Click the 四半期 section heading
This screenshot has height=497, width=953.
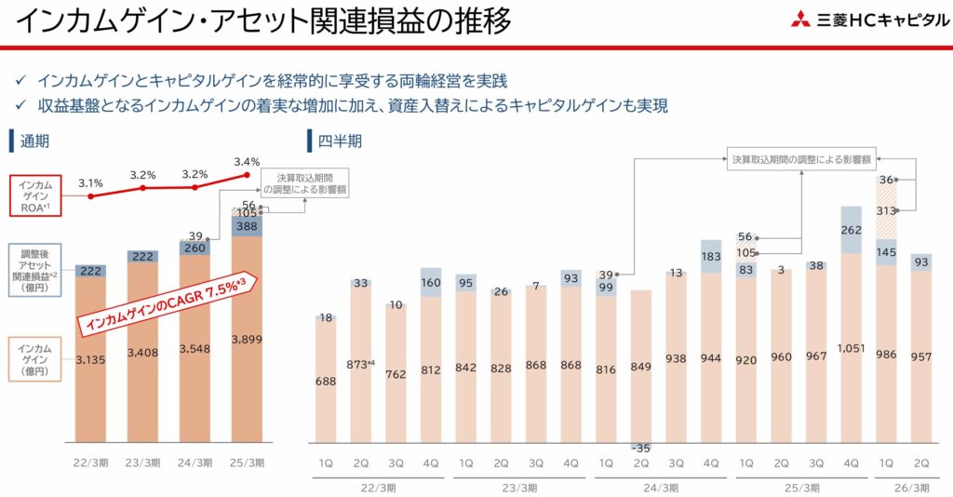coord(340,141)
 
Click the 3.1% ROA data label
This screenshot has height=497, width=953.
coord(90,182)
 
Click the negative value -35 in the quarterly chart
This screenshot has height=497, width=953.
coord(640,449)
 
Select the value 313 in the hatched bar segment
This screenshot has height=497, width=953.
coord(887,210)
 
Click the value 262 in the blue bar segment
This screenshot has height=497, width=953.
coord(852,230)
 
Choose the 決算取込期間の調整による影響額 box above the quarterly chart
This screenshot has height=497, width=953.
coord(800,159)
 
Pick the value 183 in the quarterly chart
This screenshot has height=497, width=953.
coord(711,256)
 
